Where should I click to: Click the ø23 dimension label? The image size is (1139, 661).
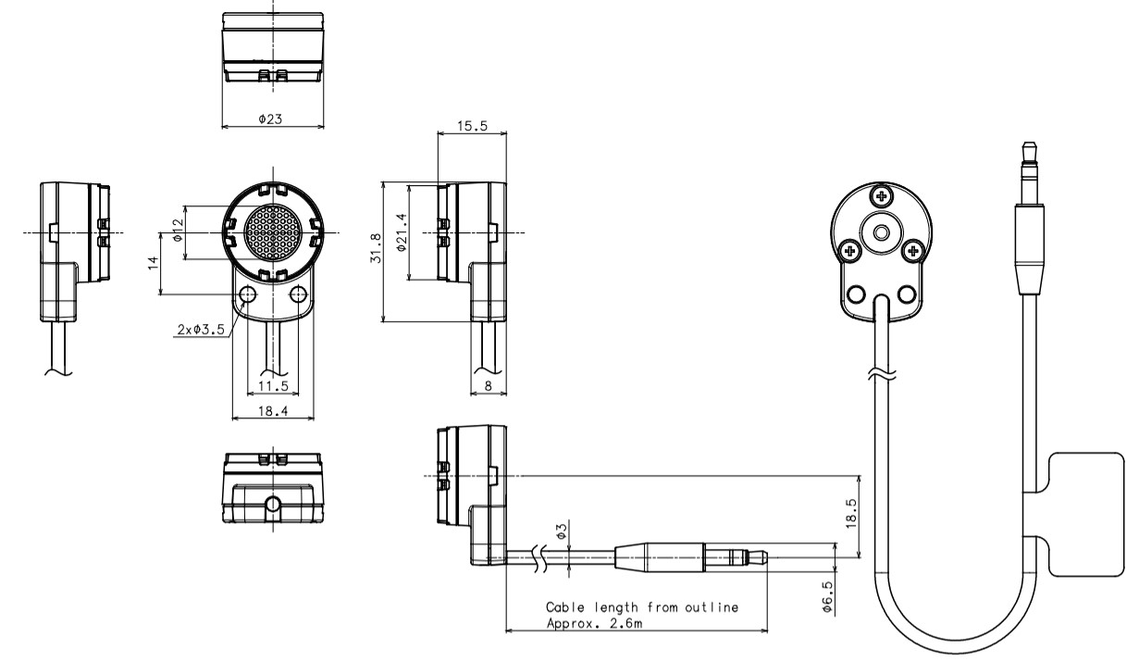[x=270, y=119]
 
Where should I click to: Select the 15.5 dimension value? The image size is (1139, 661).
[x=472, y=126]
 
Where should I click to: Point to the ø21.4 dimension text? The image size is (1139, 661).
[x=402, y=232]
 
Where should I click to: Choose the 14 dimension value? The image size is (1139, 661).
[x=154, y=263]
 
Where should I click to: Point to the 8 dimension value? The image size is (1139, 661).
[x=489, y=385]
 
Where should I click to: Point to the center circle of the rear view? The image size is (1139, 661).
[x=883, y=232]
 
